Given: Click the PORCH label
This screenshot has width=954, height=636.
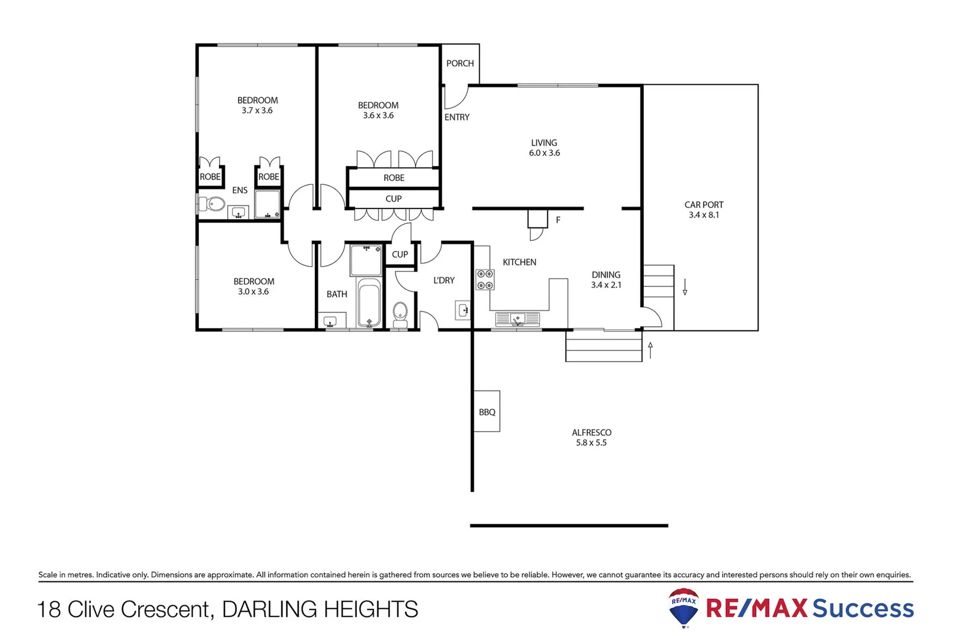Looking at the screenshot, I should click(460, 63).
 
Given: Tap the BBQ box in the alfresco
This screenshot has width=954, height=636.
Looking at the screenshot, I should click(487, 412).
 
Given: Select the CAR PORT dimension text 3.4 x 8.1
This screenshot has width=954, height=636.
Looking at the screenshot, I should click(704, 215).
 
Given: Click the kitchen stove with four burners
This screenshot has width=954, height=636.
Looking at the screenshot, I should click(485, 280).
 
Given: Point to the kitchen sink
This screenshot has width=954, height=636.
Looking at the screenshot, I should click(517, 319).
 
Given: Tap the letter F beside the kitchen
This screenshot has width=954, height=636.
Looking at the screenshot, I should click(558, 220).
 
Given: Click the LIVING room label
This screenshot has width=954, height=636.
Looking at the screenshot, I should click(544, 143).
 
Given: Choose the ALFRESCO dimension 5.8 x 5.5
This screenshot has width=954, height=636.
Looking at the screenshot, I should click(591, 443).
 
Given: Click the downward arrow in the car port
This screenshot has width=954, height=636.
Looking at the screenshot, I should click(685, 287).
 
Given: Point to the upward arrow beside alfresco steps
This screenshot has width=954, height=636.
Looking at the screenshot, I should click(650, 350).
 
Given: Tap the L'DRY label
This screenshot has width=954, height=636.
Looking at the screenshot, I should click(444, 280).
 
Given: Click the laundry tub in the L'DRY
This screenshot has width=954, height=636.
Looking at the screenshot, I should click(463, 310).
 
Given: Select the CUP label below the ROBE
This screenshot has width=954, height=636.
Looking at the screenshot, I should click(393, 199).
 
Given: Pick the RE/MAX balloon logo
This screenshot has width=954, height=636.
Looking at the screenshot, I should click(683, 607).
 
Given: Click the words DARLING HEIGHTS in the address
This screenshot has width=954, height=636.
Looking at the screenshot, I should click(320, 609).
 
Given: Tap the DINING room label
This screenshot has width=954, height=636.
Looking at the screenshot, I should click(606, 275).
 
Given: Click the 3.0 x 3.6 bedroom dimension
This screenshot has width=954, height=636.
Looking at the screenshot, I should click(253, 291).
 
